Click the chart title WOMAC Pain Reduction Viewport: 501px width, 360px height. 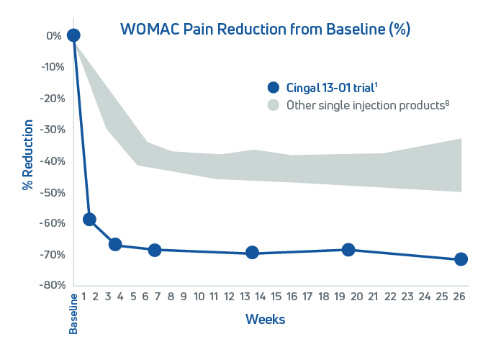(265, 30)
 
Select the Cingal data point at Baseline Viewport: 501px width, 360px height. (73, 35)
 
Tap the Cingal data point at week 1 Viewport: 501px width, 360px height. (89, 220)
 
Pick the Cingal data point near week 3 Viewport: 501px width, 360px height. (115, 244)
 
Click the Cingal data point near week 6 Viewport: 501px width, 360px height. (154, 250)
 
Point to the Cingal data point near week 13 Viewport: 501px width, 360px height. (252, 253)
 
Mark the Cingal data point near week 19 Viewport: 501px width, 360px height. (348, 250)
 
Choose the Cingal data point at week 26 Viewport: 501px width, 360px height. (461, 259)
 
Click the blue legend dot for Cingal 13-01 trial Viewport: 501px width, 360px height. (273, 88)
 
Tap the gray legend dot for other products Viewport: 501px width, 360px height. (273, 105)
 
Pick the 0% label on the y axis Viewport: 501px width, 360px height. (53, 35)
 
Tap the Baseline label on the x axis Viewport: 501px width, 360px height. (73, 313)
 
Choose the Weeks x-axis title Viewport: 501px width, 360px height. (265, 319)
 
